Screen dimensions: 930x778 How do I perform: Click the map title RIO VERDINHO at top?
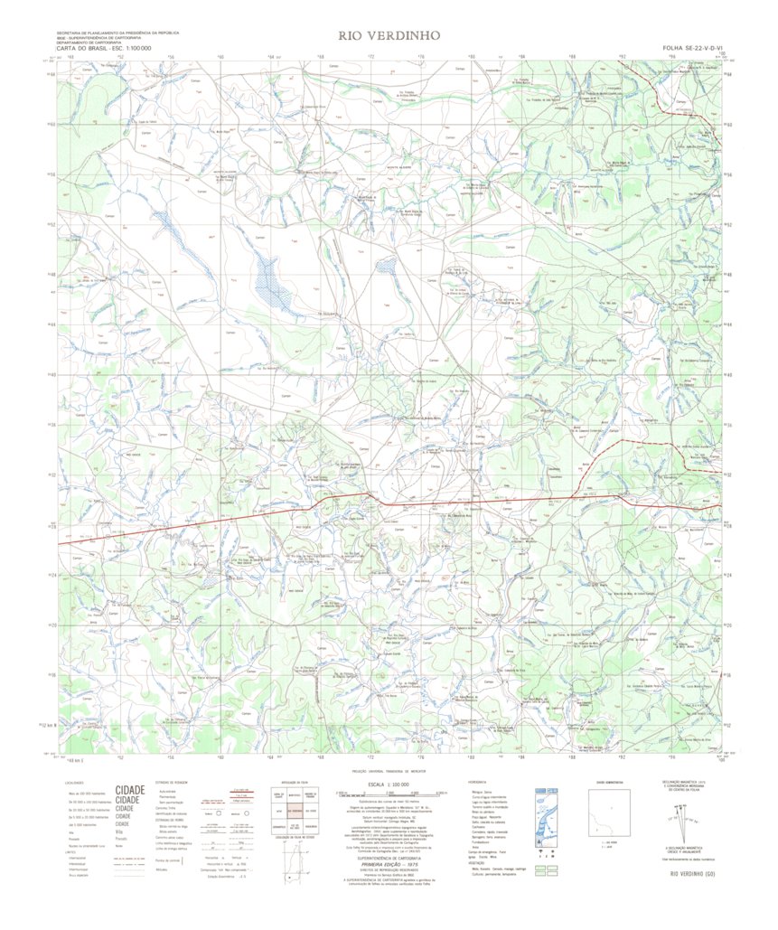point(389,36)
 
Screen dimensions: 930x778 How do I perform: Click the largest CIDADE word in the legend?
point(130,790)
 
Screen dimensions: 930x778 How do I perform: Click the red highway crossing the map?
point(470,502)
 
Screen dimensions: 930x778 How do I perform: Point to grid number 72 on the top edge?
point(370,56)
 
